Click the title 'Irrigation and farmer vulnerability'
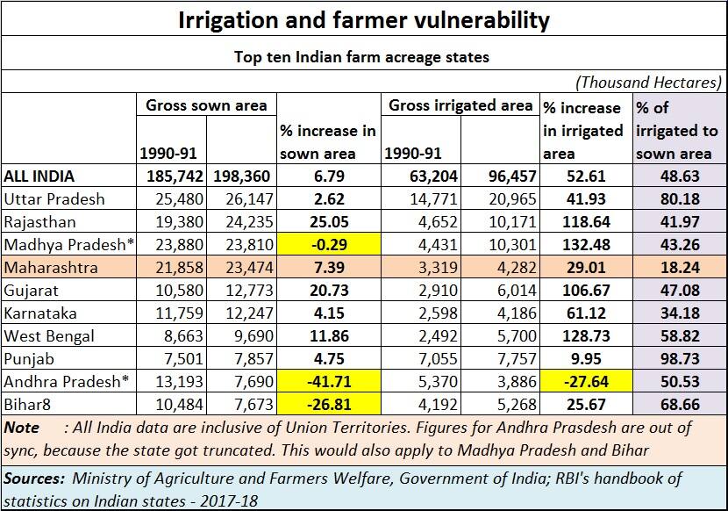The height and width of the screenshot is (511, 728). (x=364, y=19)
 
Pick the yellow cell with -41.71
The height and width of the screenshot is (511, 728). (x=329, y=382)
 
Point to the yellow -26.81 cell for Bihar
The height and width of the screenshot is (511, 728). (x=329, y=406)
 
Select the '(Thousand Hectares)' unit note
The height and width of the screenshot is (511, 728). (x=648, y=82)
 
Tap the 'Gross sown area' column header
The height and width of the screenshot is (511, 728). (x=206, y=105)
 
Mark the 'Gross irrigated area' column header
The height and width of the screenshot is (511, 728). (x=460, y=105)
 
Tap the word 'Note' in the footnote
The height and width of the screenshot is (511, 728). (x=22, y=428)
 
